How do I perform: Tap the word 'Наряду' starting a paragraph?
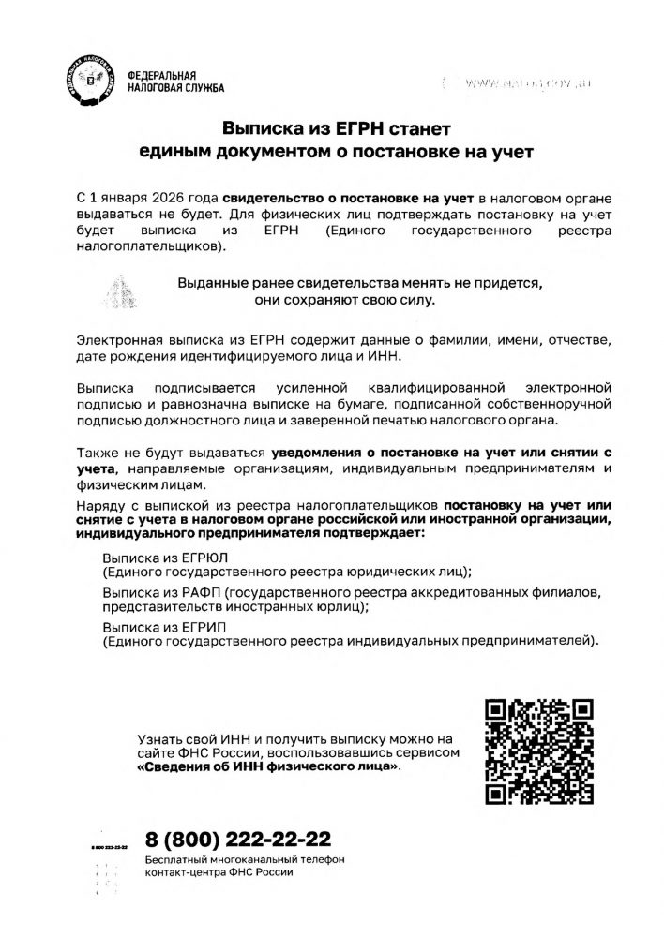tap(97, 504)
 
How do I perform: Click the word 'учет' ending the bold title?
tap(511, 151)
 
